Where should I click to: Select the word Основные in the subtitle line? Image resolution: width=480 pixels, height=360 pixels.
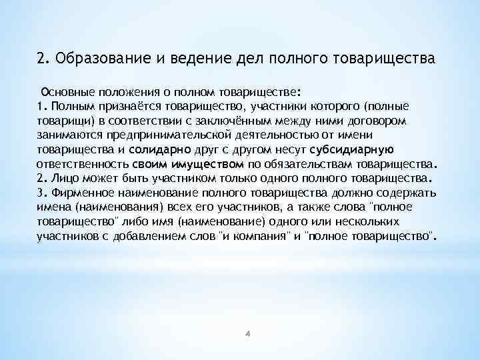(x=69, y=92)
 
